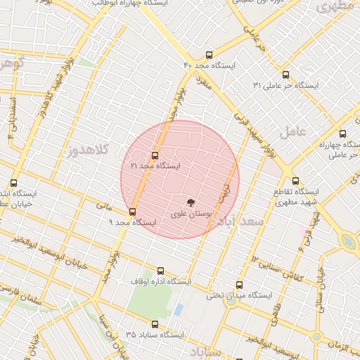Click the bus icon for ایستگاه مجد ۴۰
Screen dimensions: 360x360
[208, 55]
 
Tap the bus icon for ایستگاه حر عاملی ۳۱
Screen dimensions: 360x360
[285, 75]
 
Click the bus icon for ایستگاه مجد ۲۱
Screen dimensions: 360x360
[155, 155]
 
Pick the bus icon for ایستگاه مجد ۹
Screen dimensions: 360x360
[132, 212]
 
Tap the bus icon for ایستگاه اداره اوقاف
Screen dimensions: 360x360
[161, 271]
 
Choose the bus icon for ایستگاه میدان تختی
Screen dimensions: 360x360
[240, 285]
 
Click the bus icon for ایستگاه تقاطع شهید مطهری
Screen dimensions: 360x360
[295, 181]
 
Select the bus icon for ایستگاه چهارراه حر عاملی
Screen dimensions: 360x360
[342, 134]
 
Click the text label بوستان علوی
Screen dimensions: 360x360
[192, 212]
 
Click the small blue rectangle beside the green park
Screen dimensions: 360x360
[179, 309]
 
